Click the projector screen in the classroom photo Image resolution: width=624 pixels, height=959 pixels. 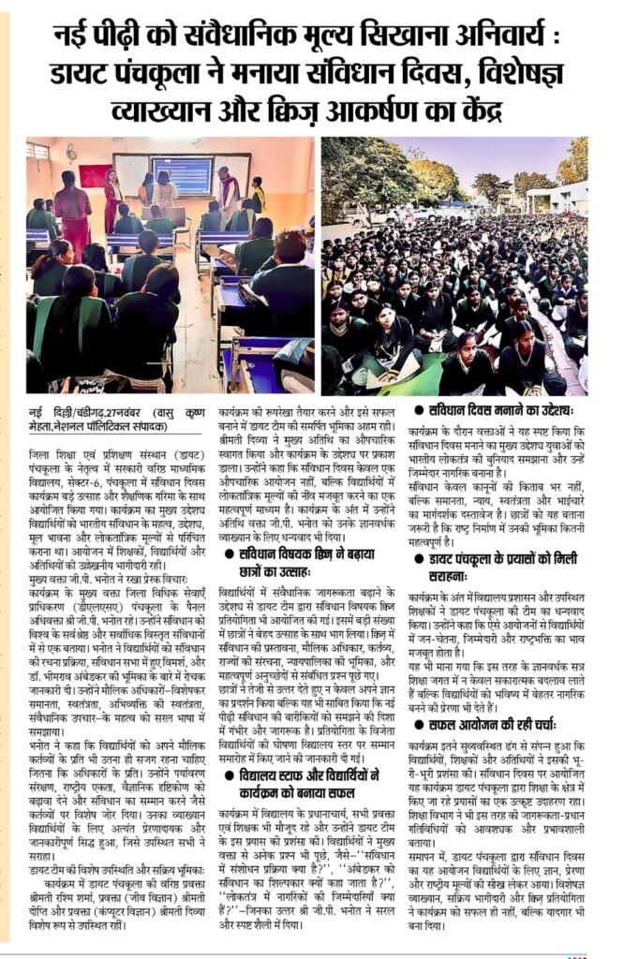[181, 174]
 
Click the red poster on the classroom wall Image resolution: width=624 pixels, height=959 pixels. [95, 175]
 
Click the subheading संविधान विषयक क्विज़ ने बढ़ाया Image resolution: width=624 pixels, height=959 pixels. [314, 555]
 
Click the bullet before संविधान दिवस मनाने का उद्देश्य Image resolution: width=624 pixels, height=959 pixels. [420, 410]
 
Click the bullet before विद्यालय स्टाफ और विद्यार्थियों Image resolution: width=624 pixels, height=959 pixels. [228, 775]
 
